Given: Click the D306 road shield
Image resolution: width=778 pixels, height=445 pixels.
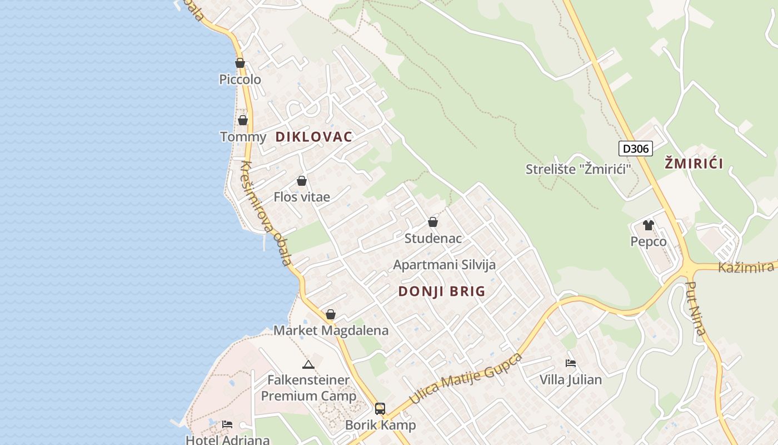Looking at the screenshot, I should point(635,149).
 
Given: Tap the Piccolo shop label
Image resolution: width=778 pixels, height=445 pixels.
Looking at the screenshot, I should point(240,80).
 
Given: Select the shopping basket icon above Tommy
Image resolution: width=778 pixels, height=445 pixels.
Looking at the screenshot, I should point(243,120).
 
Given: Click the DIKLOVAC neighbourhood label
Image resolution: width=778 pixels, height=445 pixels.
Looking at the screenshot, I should point(314,137).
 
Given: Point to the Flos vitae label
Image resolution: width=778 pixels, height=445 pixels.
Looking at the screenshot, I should point(302,197).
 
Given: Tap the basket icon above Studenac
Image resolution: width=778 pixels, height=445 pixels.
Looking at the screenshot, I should point(433,222).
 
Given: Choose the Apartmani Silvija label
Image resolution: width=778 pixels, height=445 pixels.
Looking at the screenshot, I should point(444,265).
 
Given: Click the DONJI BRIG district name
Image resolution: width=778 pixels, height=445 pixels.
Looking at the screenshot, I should point(442,291).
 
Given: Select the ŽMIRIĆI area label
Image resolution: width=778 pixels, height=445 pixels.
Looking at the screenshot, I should point(694,164).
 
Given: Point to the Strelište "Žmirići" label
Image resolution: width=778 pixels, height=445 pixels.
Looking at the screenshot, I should point(578,169).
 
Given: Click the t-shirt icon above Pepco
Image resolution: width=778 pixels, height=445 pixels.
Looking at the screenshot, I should point(649,225).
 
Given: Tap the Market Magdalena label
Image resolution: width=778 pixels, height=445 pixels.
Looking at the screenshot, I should point(331,330).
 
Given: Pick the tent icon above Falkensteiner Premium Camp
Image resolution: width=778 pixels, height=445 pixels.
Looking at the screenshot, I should point(308,365).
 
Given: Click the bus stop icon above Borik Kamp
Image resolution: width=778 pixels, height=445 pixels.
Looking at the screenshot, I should point(380,409).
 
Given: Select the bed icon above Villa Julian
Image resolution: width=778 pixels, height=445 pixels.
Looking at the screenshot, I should point(571,363).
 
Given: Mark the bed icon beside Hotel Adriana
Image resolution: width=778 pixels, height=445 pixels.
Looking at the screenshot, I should point(227,424).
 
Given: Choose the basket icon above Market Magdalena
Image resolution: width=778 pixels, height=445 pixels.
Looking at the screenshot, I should point(331,315).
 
